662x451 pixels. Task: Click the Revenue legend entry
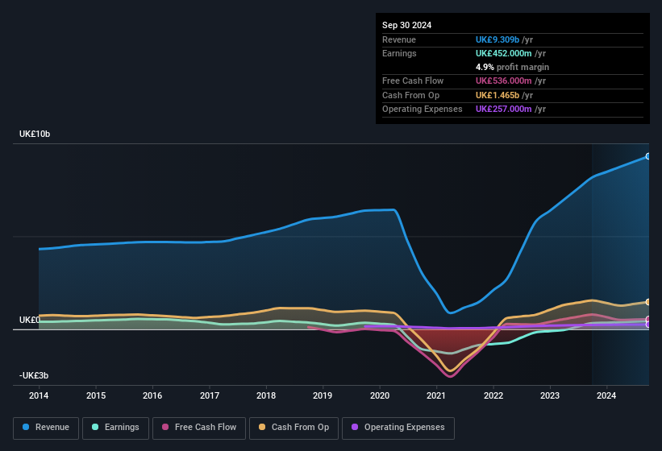pyautogui.click(x=46, y=428)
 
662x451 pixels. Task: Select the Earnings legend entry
pyautogui.click(x=115, y=428)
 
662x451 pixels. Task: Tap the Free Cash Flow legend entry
pyautogui.click(x=199, y=428)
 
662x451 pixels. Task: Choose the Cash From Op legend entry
pyautogui.click(x=294, y=428)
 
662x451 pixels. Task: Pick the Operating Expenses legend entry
pyautogui.click(x=398, y=428)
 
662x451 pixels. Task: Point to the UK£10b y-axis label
pyautogui.click(x=35, y=134)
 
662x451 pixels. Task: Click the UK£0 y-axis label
pyautogui.click(x=30, y=320)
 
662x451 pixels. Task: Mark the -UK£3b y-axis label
pyautogui.click(x=34, y=376)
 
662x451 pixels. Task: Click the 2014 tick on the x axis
pyautogui.click(x=39, y=395)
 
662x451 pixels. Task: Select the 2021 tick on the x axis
pyautogui.click(x=436, y=395)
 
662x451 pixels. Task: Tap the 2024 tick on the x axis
pyautogui.click(x=606, y=395)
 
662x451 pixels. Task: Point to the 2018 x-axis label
pyautogui.click(x=266, y=395)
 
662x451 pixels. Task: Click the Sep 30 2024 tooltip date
pyautogui.click(x=406, y=25)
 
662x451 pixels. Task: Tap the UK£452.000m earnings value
pyautogui.click(x=510, y=53)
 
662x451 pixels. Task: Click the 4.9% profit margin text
pyautogui.click(x=513, y=67)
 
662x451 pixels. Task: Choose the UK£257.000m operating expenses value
pyautogui.click(x=510, y=109)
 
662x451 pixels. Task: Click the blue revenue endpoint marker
pyautogui.click(x=647, y=156)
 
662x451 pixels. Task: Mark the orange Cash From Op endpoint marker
pyautogui.click(x=647, y=302)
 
